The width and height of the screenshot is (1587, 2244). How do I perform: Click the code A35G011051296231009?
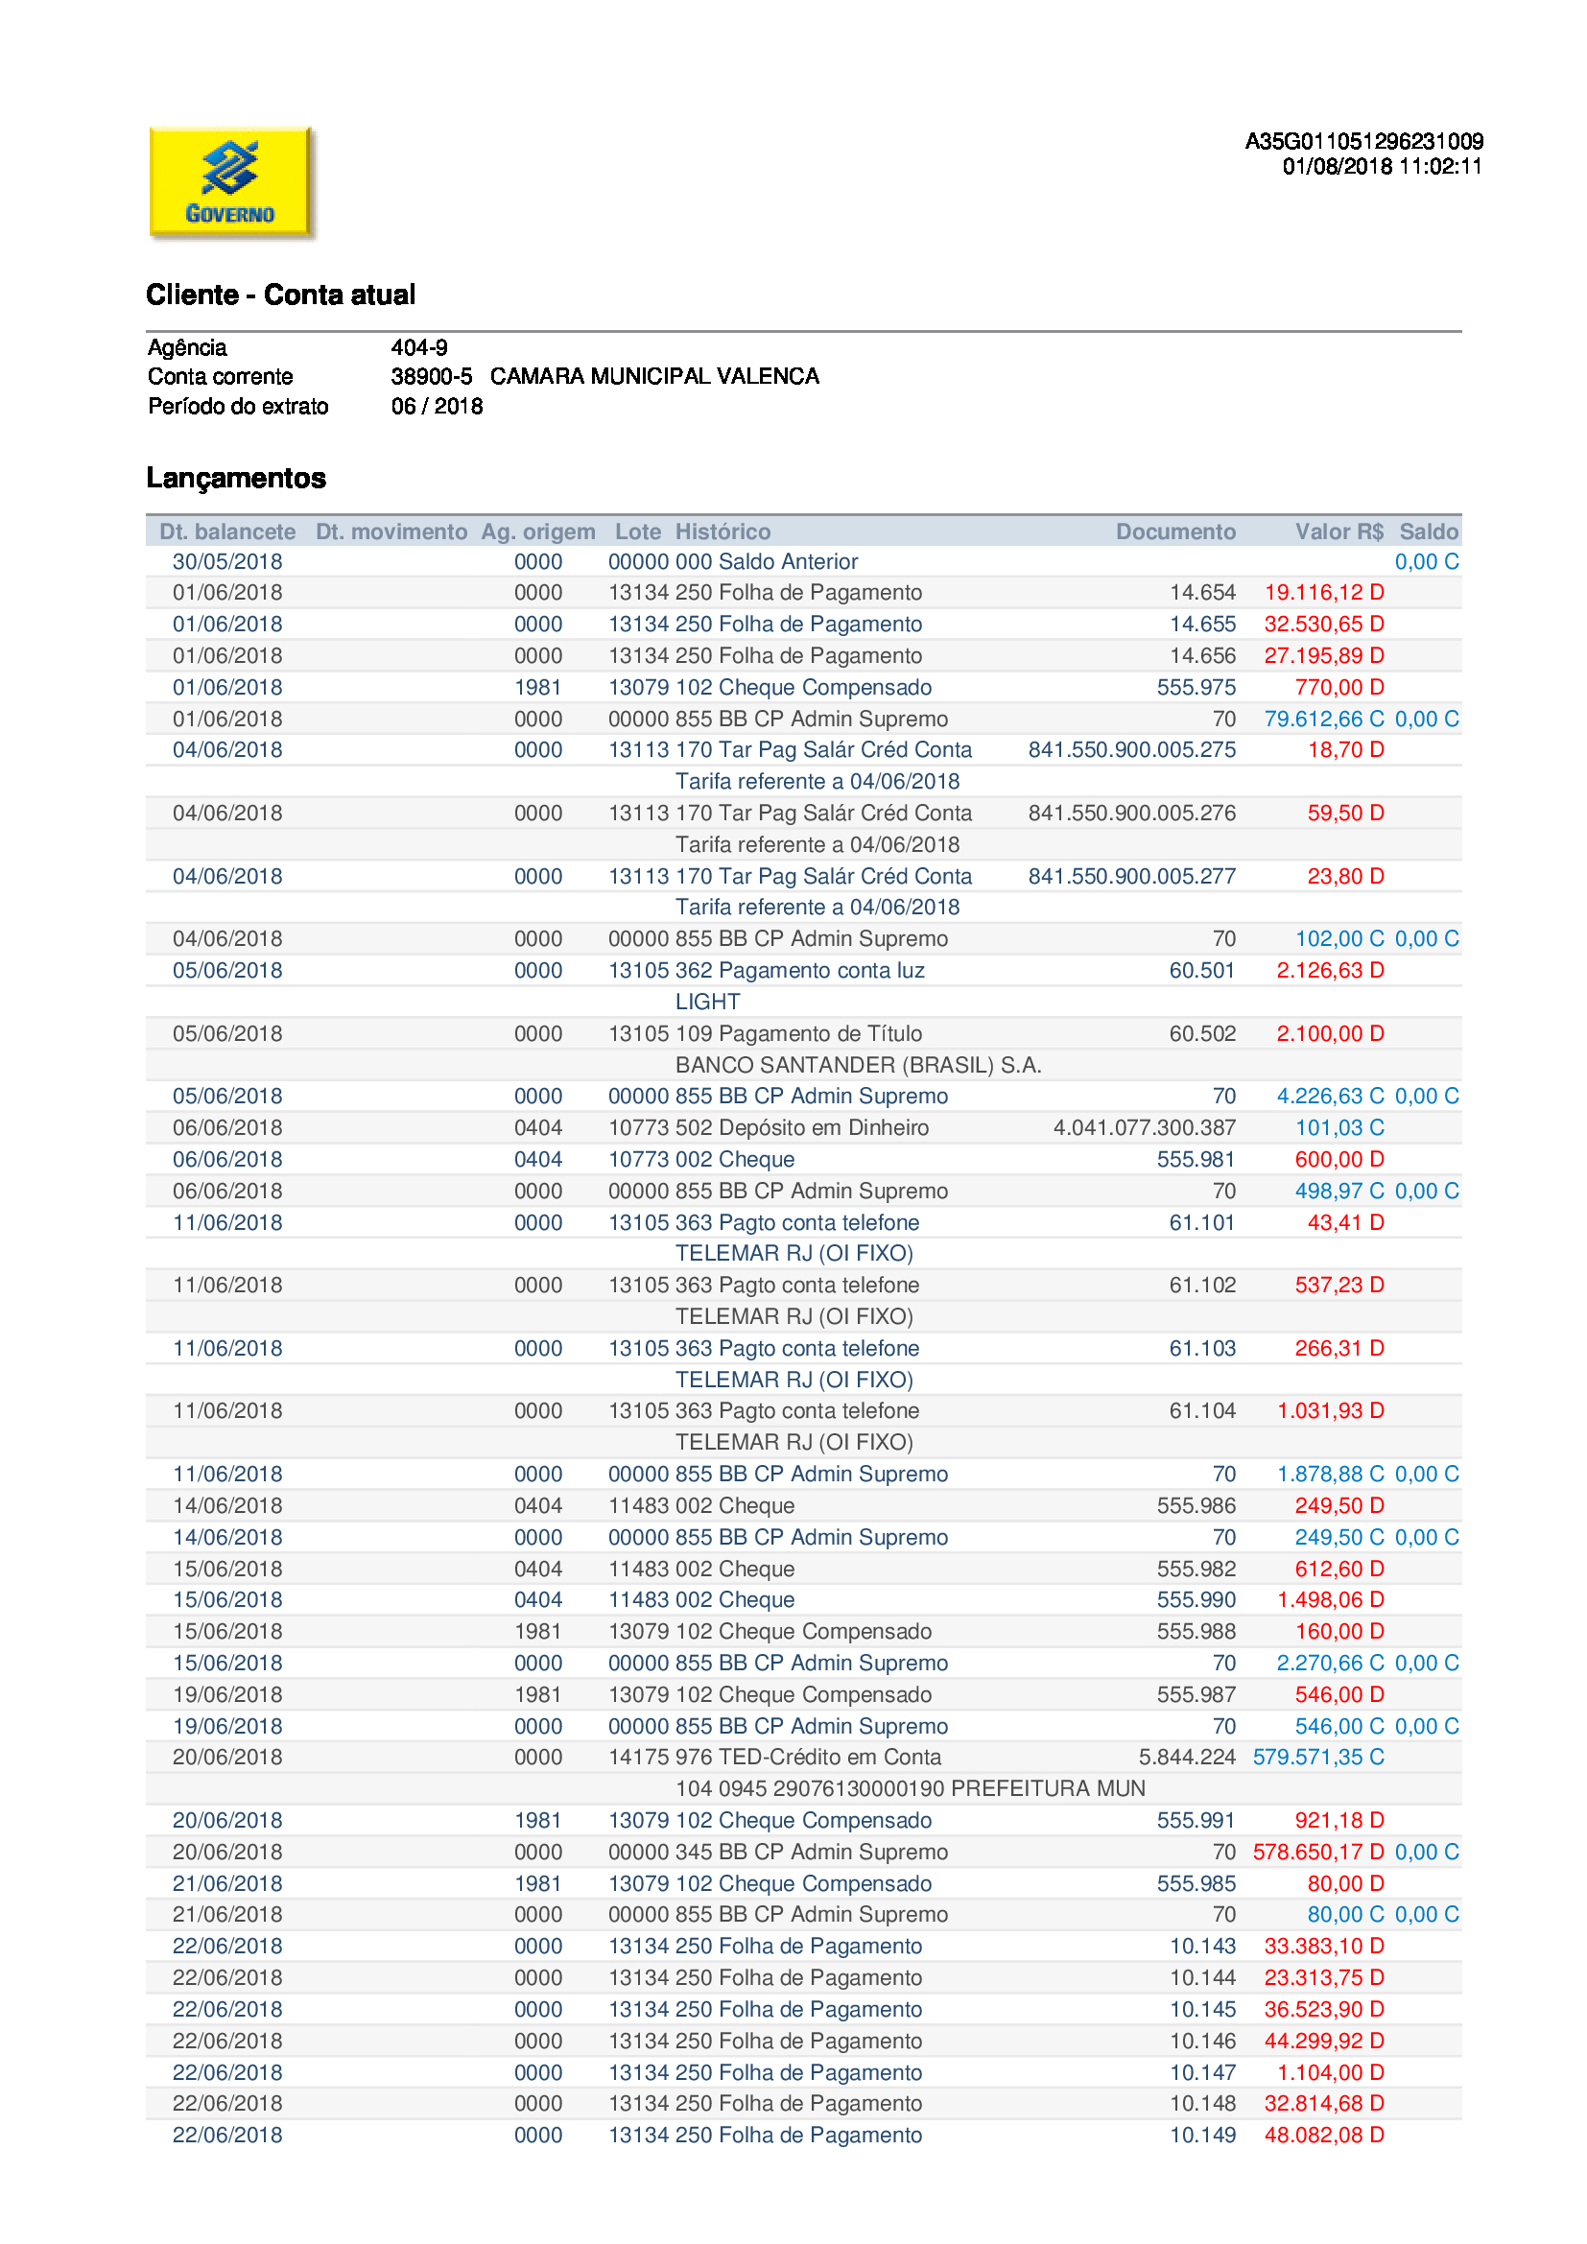[x=1363, y=142]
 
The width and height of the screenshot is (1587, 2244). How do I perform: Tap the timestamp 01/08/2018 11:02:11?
[x=1382, y=167]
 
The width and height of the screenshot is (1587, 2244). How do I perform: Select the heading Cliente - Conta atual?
[x=280, y=295]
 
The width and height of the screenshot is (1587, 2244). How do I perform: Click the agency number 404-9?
[x=419, y=348]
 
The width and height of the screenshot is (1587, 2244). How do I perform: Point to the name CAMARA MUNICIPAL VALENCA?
[x=654, y=377]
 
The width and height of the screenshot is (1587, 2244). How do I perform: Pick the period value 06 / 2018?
[x=437, y=407]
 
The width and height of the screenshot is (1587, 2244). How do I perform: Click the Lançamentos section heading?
[x=235, y=478]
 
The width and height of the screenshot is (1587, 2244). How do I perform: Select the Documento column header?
[x=1175, y=531]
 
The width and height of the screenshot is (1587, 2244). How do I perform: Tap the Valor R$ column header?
[x=1338, y=531]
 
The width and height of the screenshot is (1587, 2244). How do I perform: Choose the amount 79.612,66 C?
[x=1324, y=720]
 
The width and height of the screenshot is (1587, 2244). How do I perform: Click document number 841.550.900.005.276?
[x=1131, y=814]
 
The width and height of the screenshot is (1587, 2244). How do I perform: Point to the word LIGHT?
[x=707, y=1002]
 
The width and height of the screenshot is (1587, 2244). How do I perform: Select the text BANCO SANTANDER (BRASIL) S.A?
[x=858, y=1065]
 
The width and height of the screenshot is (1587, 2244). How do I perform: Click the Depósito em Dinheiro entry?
[x=823, y=1128]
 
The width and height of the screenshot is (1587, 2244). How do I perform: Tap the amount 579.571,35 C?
[x=1318, y=1758]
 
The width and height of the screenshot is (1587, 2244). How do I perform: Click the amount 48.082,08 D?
[x=1324, y=2136]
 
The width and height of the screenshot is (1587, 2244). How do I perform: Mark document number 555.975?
[x=1196, y=688]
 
